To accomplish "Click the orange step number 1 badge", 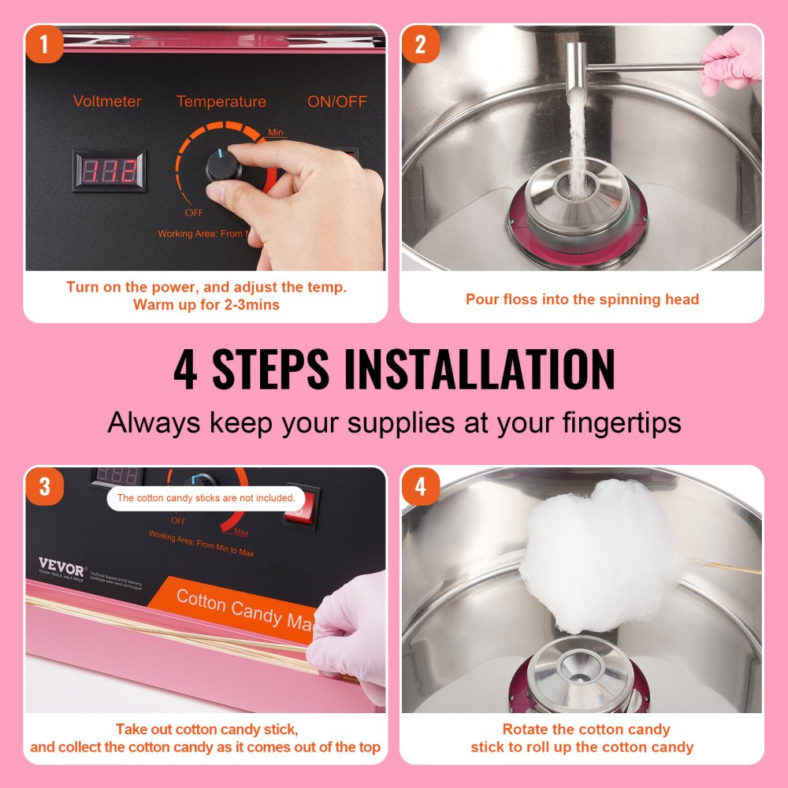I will pos(43,45).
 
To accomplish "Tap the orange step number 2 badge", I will pos(420,45).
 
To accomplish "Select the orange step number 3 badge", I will pos(43,486).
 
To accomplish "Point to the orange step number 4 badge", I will pos(420,486).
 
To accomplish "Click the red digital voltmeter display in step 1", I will pos(110,170).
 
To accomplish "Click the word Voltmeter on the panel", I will pos(106,102).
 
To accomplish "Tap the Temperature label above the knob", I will pos(221,102).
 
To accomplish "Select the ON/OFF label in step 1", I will pos(336,102).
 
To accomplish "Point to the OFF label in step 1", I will pos(194,213).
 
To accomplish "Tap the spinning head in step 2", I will pos(578,205).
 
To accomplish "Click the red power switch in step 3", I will pos(303,506).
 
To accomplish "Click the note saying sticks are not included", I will pos(206,498).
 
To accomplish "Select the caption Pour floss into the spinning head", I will pos(582,299).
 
